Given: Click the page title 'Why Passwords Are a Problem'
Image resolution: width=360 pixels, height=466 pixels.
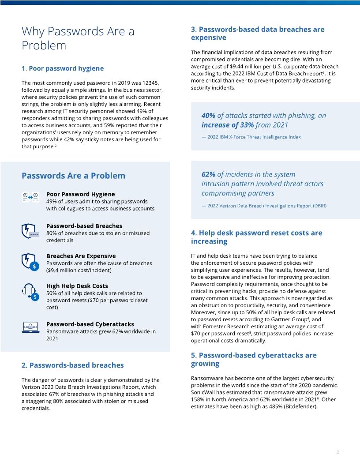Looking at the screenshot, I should tap(78, 38).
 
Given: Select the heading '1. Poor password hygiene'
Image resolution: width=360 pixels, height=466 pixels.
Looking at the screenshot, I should tap(63, 68).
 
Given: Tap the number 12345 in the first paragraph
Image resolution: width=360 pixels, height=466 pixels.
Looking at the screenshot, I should tap(150, 83).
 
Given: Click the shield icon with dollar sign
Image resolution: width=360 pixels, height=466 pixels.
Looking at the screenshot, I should tap(30, 261).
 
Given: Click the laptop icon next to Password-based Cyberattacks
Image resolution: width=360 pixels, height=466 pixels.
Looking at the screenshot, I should tap(30, 327).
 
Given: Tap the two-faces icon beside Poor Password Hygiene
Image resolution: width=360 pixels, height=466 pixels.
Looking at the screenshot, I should tap(30, 197).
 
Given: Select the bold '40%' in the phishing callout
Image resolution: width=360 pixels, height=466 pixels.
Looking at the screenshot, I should tap(209, 116).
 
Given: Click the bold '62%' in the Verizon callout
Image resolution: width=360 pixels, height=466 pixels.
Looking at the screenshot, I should tap(209, 174).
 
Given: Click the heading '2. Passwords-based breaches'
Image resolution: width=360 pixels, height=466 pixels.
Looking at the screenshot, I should tap(72, 365).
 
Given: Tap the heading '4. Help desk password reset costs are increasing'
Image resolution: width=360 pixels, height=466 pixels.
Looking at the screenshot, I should tap(256, 237).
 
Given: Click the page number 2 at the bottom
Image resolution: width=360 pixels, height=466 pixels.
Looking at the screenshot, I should tap(337, 452).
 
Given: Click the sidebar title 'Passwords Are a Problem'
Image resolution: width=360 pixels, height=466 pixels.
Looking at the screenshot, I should tap(73, 176).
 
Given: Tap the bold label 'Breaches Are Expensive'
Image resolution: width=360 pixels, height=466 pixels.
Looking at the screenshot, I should tap(81, 256).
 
